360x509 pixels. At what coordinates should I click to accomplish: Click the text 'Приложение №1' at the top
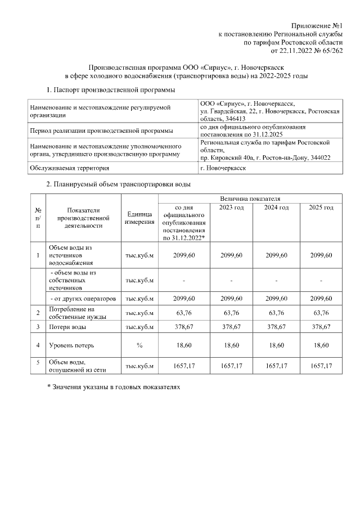[317, 26]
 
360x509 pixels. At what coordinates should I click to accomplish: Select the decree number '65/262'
[330, 51]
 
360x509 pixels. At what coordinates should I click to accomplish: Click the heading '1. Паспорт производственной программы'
[110, 90]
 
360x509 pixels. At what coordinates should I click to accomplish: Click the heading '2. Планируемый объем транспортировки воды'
[118, 184]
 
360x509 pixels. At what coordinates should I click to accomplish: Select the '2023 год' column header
[231, 208]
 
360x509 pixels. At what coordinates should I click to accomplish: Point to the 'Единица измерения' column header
[139, 218]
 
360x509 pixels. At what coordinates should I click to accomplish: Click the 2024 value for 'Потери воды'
[276, 327]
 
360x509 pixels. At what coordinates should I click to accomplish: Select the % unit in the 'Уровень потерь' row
[139, 345]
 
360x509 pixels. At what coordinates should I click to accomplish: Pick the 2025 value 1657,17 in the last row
[321, 366]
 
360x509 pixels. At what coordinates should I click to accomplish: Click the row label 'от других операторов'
[83, 298]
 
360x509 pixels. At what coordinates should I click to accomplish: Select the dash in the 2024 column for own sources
[276, 280]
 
